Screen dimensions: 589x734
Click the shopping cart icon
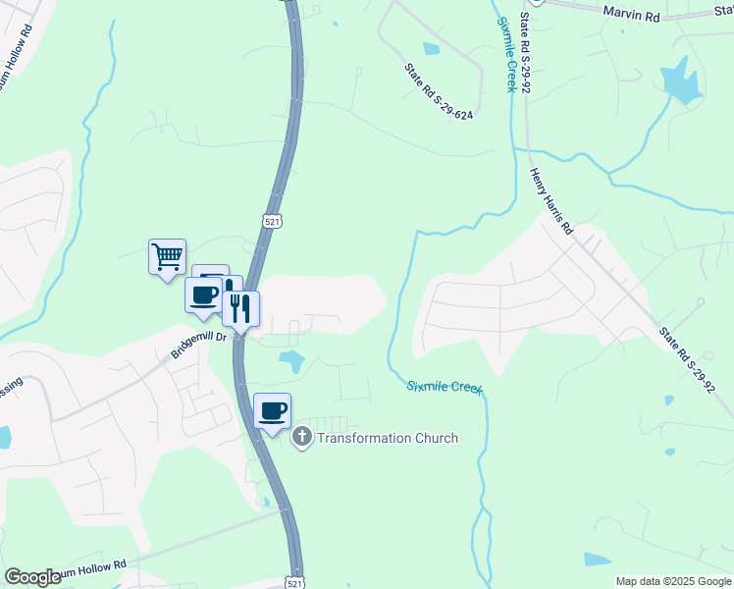(167, 257)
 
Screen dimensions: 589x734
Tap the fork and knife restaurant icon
(240, 308)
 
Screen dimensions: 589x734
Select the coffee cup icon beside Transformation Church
(273, 410)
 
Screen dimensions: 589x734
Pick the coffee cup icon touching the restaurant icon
(204, 294)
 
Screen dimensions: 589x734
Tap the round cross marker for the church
(302, 438)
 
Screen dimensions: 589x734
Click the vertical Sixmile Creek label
(506, 54)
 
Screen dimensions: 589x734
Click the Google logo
(32, 577)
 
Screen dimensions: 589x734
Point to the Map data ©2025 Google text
(672, 581)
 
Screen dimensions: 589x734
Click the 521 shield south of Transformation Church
(293, 579)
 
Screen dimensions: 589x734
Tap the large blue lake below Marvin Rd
(679, 80)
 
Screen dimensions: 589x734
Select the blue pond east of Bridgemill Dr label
(291, 360)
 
